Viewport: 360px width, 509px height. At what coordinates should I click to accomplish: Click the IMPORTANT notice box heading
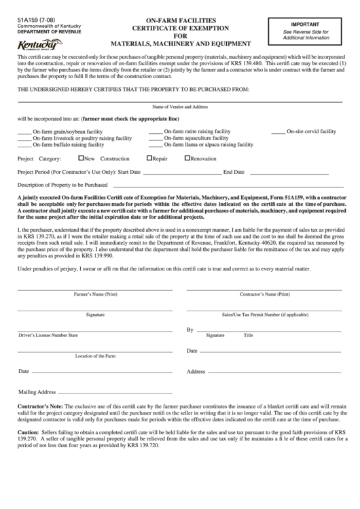click(x=306, y=23)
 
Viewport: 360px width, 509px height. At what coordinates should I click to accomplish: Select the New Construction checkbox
click(x=81, y=158)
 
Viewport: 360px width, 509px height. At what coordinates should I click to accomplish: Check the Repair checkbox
click(x=149, y=158)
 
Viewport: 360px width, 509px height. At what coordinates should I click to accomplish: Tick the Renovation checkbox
click(x=187, y=158)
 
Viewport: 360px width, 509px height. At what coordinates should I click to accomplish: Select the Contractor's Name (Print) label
click(x=265, y=295)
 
